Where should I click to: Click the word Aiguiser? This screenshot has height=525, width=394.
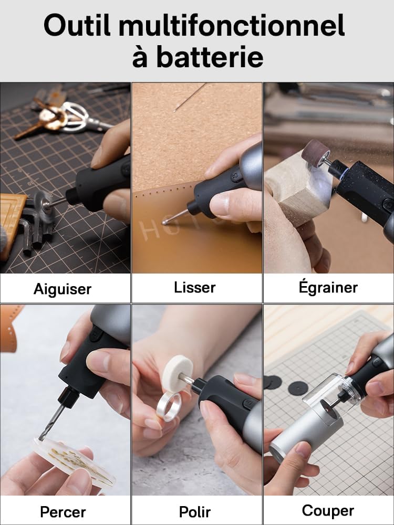coord(63,289)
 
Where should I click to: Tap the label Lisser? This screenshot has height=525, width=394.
coord(195,288)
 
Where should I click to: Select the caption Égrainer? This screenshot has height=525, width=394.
coord(328,287)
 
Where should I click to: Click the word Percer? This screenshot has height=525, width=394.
coord(63,512)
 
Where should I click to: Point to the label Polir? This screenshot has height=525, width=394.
coord(195,512)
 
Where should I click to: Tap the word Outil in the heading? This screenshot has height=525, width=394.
coord(77,25)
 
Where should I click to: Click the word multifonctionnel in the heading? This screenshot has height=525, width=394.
coord(232,25)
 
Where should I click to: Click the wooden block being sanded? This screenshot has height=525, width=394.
coord(298,187)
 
